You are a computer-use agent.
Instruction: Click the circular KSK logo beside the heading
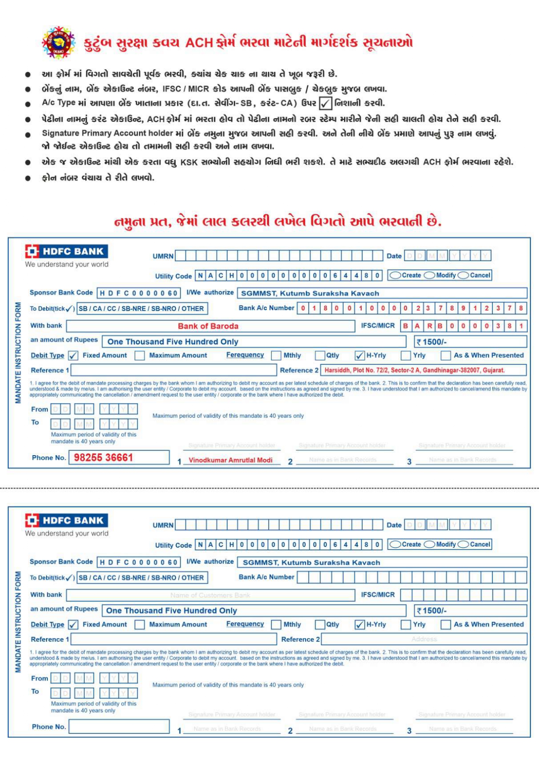point(58,43)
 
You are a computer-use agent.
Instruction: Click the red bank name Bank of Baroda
point(208,326)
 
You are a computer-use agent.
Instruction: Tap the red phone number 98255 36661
point(103,457)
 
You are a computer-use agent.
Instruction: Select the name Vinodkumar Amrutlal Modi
point(230,460)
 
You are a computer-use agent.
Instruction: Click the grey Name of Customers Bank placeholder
point(210,595)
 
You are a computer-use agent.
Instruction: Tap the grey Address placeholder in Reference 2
point(424,639)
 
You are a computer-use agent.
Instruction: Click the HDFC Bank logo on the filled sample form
point(67,251)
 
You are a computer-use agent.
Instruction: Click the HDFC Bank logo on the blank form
point(67,520)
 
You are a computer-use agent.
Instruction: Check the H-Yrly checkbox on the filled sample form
point(359,356)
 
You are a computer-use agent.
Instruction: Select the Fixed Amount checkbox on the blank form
point(73,625)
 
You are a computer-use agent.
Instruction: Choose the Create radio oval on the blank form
point(395,544)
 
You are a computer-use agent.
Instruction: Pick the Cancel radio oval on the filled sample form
point(463,275)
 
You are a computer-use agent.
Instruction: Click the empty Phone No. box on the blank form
point(119,726)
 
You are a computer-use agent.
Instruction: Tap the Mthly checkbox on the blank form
point(276,625)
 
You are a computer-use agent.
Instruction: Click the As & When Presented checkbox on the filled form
point(446,356)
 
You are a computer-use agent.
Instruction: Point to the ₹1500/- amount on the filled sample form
point(432,342)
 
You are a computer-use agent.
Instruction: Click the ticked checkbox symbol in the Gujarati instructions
point(325,103)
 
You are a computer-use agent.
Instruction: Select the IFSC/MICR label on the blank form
point(378,594)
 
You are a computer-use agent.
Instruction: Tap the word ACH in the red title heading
point(199,43)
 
